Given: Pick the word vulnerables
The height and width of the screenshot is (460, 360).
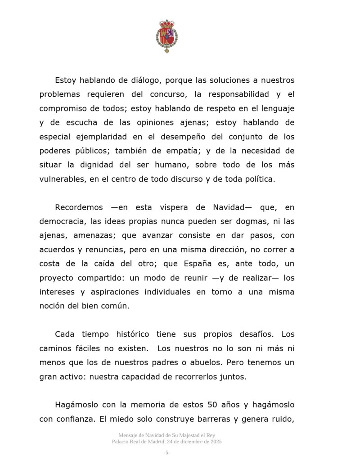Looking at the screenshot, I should (61, 178).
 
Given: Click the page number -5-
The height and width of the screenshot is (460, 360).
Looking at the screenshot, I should (166, 452).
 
